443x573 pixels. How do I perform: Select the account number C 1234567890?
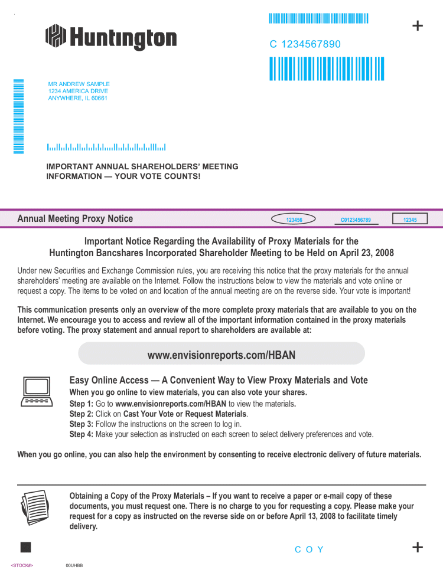305,44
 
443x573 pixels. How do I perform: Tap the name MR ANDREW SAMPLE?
79,84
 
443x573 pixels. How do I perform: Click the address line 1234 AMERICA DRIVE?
78,91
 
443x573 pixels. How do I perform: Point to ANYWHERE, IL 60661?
77,98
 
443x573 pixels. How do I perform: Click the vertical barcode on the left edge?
18,116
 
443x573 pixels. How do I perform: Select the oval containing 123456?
294,220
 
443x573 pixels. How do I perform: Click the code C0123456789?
356,220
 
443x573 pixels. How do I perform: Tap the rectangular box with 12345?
410,220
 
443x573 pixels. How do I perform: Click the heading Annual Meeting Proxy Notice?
75,219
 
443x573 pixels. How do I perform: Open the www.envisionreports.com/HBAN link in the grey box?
221,355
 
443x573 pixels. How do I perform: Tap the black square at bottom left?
25,546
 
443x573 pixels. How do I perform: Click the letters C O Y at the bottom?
310,549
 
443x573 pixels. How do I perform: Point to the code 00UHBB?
74,565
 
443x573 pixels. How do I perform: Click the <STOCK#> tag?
22,565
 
